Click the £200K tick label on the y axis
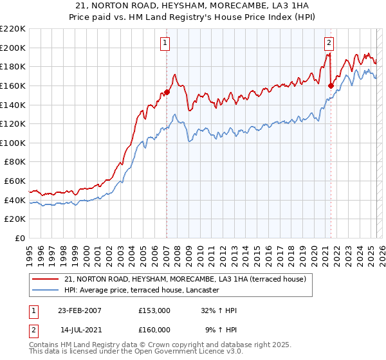coord(13,48)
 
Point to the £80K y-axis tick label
coord(15,162)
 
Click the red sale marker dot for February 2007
coord(167,92)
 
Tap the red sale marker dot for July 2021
coord(331,85)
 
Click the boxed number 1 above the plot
coord(165,43)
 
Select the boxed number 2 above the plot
coord(329,43)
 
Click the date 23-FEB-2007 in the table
coord(80,310)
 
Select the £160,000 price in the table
coord(154,329)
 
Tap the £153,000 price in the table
coord(154,310)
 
